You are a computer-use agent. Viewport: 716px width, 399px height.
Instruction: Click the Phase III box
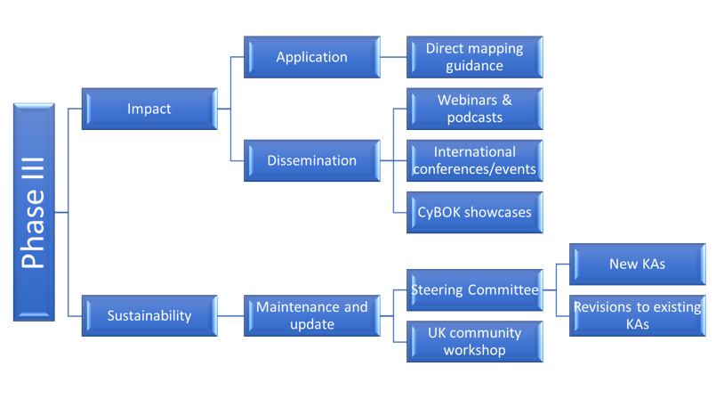[x=34, y=212]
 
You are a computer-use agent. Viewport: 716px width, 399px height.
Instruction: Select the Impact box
[x=149, y=109]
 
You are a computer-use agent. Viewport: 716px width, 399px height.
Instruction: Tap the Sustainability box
[x=149, y=315]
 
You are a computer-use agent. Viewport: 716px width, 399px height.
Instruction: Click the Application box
[x=311, y=57]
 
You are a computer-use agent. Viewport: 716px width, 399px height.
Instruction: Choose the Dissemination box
[x=311, y=160]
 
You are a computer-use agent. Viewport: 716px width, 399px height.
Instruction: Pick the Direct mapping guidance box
[x=475, y=57]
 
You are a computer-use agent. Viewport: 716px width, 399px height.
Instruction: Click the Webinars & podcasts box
[x=475, y=109]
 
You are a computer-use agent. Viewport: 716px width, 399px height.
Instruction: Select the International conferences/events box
[x=475, y=160]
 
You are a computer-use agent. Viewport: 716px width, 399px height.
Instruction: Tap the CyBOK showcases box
[x=475, y=212]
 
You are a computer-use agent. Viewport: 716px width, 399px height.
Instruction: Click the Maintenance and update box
[x=311, y=315]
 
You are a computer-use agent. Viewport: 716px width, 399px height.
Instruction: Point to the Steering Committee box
[x=475, y=289]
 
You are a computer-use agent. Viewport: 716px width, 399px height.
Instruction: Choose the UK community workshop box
[x=475, y=341]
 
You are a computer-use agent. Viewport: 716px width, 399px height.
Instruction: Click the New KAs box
[x=637, y=264]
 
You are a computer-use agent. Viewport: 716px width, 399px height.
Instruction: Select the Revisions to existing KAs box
[x=637, y=315]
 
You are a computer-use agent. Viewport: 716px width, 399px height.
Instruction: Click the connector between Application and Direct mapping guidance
[x=393, y=57]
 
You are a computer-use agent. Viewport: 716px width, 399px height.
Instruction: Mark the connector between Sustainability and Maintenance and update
[x=230, y=315]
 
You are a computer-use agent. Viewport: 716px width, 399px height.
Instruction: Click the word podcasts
[x=475, y=118]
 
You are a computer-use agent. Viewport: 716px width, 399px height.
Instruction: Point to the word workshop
[x=475, y=350]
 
